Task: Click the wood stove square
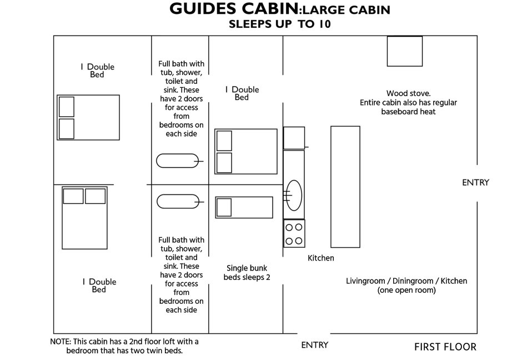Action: pos(405,51)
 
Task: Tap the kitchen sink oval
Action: pos(294,196)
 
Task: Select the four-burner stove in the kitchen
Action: pos(294,233)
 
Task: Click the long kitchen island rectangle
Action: pos(345,187)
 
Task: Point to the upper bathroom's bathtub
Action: pos(178,161)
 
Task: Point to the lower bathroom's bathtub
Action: pos(178,202)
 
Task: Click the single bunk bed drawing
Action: pos(244,207)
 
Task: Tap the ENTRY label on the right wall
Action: pos(476,183)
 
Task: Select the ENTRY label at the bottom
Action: pos(314,345)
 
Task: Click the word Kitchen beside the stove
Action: pos(320,258)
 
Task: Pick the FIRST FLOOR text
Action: pos(445,347)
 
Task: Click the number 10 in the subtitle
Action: pos(324,24)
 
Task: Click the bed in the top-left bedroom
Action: pos(88,117)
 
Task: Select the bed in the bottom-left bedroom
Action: pos(84,218)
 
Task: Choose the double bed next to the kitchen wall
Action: pos(246,151)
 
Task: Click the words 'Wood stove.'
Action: pos(409,93)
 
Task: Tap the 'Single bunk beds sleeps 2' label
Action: pos(247,272)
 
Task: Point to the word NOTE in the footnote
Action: pos(60,342)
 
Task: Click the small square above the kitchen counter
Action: pos(294,138)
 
